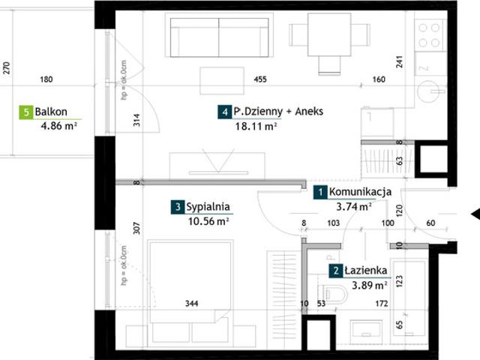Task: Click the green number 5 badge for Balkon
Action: point(26,112)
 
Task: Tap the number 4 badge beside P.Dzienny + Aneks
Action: point(225,112)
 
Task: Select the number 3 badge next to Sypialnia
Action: point(178,207)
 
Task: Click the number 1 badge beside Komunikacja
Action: point(320,192)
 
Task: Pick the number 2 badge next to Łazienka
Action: point(336,271)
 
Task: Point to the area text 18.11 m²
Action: point(256,126)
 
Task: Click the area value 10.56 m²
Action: point(208,220)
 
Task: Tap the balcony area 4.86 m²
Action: point(58,125)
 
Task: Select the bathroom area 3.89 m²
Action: point(370,285)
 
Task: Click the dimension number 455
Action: point(260,79)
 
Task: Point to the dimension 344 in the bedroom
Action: point(192,303)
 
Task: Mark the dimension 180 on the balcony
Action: point(46,79)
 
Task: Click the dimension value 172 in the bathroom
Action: point(382,303)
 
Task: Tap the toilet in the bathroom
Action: point(331,293)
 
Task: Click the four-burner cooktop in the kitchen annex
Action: point(429,35)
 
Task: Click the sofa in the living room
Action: point(219,37)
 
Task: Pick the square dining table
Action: point(329,34)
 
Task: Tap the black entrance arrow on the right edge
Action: point(475,214)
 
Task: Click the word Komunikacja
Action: point(360,192)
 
